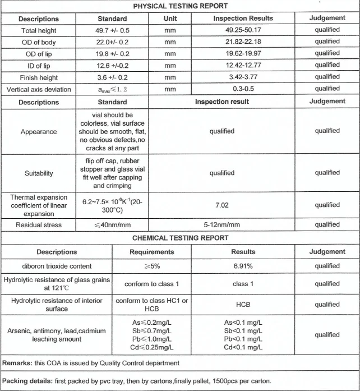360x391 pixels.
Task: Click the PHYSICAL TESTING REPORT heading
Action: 180,6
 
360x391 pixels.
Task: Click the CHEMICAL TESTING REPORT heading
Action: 180,238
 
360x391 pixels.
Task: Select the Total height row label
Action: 39,30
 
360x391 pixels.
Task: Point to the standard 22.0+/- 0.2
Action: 112,42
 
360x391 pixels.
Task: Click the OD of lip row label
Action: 39,53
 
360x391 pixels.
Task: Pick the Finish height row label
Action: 39,77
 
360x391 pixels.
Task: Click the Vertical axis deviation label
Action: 39,89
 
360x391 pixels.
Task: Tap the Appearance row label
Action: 39,131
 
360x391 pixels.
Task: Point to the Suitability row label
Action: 39,173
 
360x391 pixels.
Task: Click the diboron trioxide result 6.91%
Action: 243,266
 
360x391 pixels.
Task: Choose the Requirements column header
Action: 151,252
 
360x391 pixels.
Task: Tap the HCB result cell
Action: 243,305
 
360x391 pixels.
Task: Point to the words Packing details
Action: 27,381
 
